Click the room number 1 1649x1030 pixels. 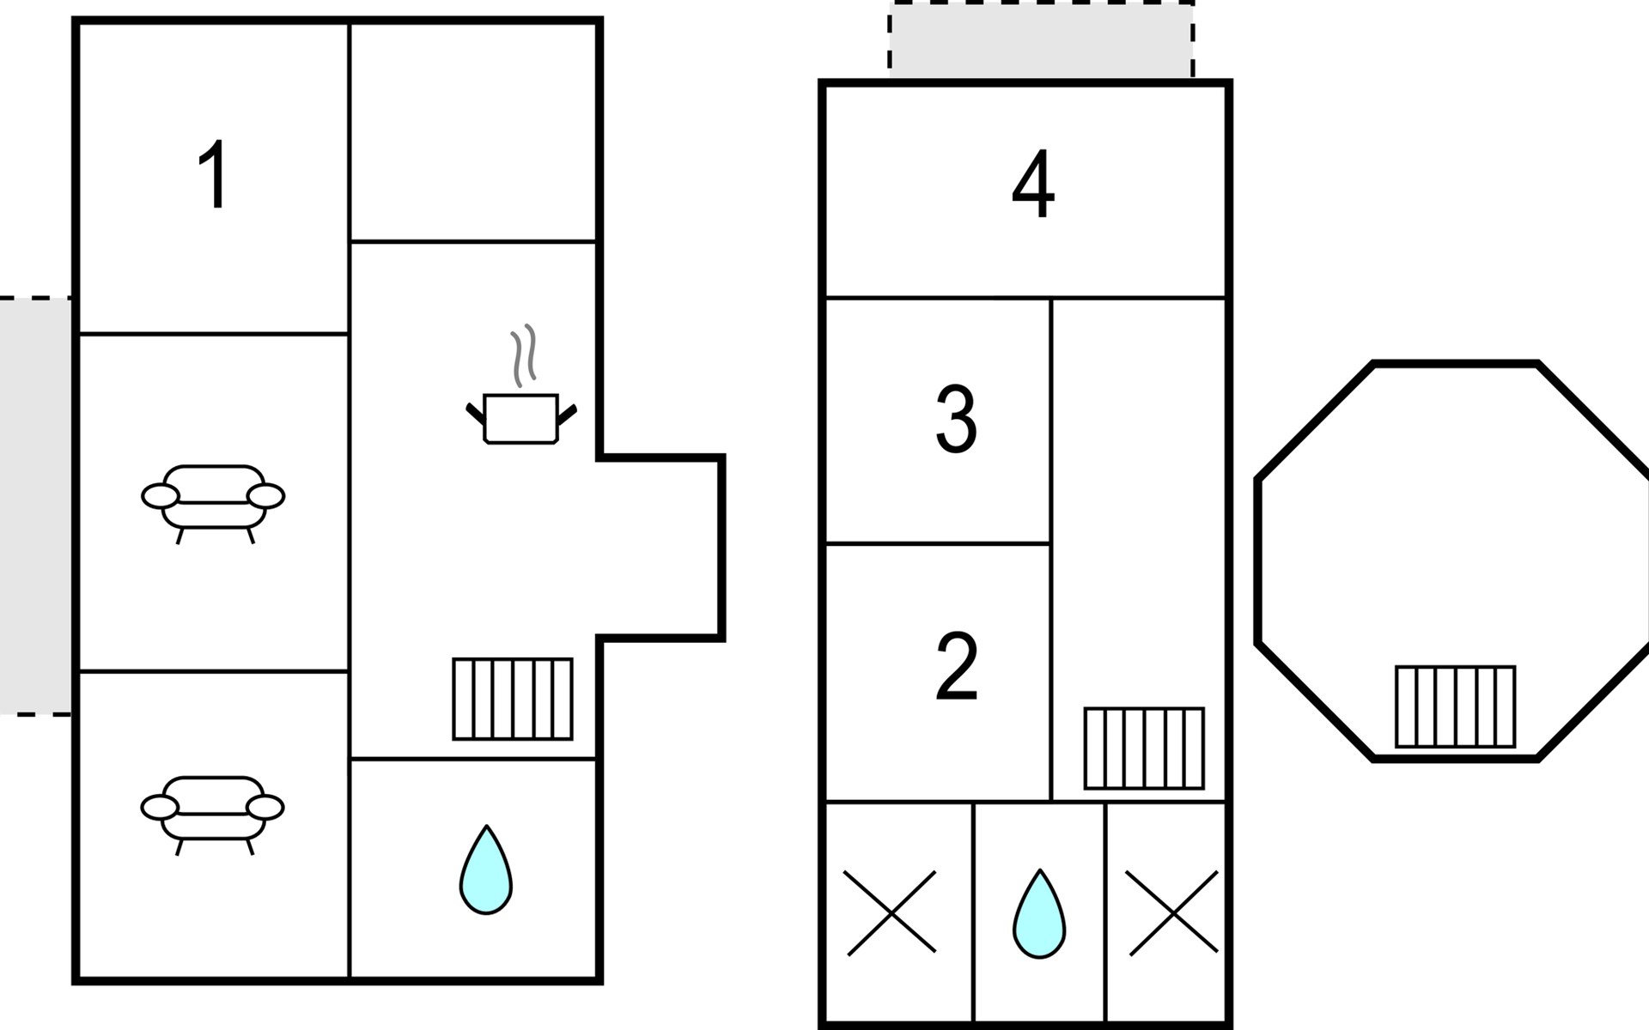(x=212, y=174)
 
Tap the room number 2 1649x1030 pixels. (x=957, y=666)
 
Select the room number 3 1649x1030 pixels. (x=956, y=419)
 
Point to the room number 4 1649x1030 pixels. (x=1032, y=185)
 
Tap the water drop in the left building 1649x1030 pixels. (x=486, y=869)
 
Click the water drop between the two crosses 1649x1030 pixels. (x=1039, y=914)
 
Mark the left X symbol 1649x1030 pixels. (x=891, y=912)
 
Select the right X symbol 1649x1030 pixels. (x=1172, y=912)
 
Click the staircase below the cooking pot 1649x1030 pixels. (x=513, y=699)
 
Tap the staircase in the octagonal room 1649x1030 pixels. (x=1455, y=706)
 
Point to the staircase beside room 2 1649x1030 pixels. (x=1144, y=748)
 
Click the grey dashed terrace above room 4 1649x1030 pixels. (x=1041, y=40)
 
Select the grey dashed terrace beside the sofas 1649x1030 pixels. (x=35, y=506)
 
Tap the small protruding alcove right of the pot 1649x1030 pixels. (x=660, y=548)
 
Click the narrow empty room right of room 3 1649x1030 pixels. (x=1138, y=549)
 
